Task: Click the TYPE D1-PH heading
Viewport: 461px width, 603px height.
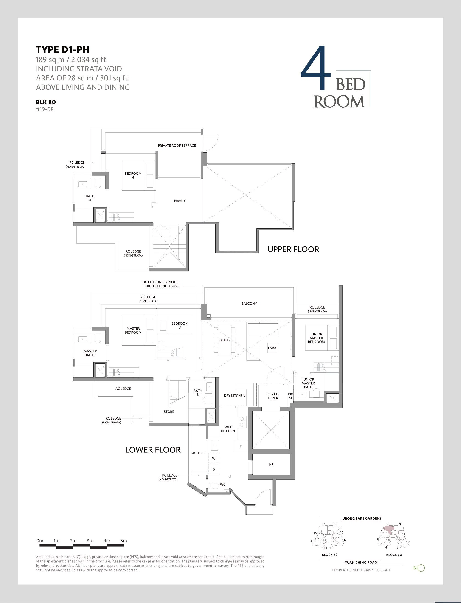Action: tap(63, 49)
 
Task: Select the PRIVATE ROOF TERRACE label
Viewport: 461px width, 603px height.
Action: tap(177, 146)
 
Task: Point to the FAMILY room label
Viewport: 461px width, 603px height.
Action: tap(180, 201)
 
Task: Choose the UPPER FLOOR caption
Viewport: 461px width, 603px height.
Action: tap(293, 249)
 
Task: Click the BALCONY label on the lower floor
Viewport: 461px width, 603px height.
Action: tap(249, 303)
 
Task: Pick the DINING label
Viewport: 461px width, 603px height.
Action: tap(225, 340)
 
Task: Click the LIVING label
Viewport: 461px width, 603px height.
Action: tap(273, 348)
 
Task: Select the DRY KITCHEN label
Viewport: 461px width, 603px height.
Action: tap(234, 396)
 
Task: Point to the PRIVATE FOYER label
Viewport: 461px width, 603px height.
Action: tap(273, 396)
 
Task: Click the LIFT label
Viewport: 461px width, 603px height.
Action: tap(271, 430)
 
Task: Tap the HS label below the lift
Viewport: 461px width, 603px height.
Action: tap(271, 465)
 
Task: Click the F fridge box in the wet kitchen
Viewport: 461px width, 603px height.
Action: tap(241, 446)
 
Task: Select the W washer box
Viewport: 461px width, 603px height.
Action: tap(214, 458)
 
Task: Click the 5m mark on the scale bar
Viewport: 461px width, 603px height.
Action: tap(124, 541)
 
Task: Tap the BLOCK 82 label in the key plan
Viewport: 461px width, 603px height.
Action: tap(329, 555)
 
